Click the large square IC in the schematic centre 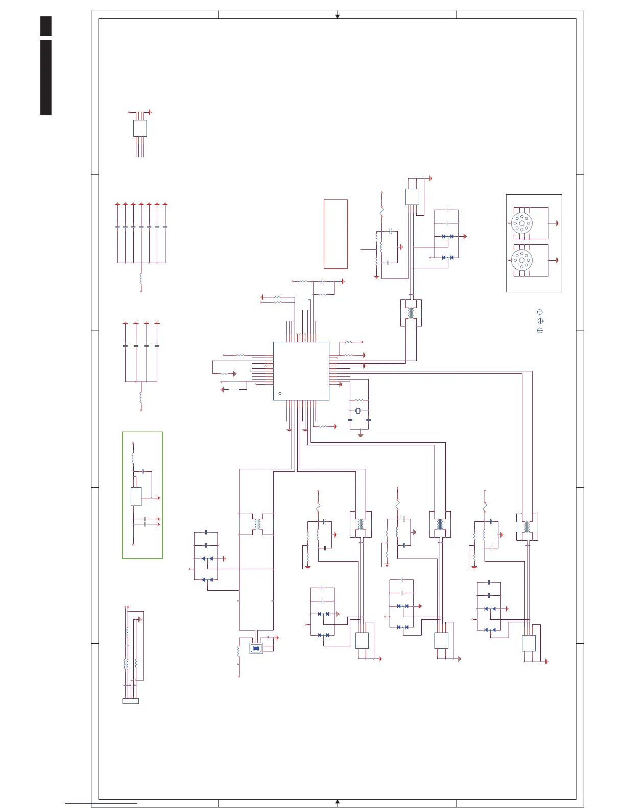tap(301, 371)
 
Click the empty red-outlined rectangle tap(335, 234)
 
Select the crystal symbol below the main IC tap(358, 411)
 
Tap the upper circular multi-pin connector tap(522, 223)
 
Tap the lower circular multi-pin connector tap(522, 260)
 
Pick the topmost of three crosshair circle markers tap(540, 312)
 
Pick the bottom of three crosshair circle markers tap(540, 331)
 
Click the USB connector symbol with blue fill tap(256, 648)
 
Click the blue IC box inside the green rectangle tap(136, 496)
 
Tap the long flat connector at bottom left tap(131, 701)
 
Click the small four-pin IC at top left tap(140, 128)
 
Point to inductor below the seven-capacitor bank tap(140, 279)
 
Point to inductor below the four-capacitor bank tap(140, 397)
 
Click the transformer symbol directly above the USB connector tap(256, 524)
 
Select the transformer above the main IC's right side tap(411, 312)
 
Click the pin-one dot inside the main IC tap(280, 394)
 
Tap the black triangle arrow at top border tap(338, 16)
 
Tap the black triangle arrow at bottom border tap(338, 802)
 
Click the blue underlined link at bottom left tap(101, 804)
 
